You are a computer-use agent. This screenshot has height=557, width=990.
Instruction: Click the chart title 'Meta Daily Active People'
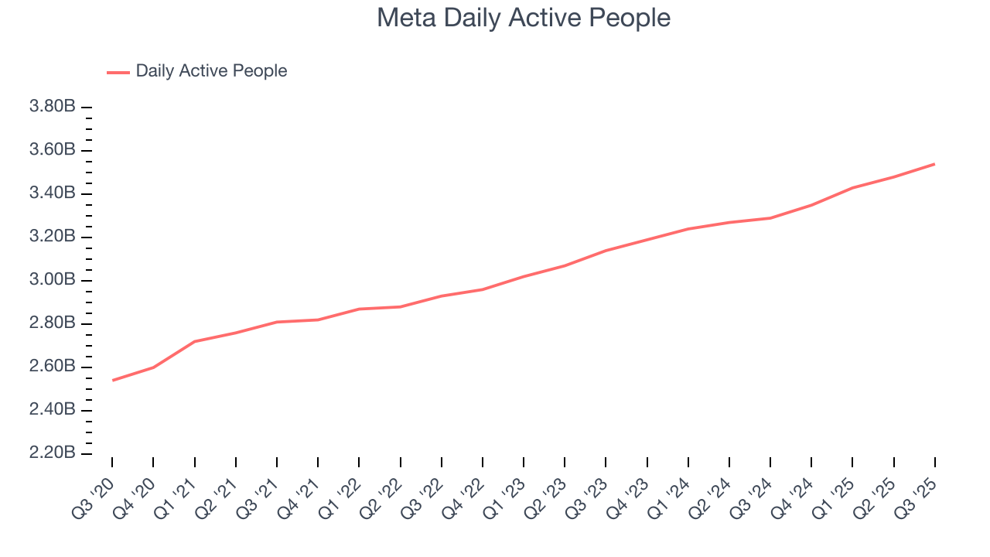coord(523,18)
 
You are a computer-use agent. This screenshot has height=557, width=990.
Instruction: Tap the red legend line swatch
coord(118,72)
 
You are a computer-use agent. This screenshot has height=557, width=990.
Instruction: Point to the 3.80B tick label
coord(52,107)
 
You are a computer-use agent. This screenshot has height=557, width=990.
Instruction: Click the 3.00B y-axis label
coord(52,280)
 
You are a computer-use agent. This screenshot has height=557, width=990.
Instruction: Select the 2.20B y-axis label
coord(52,453)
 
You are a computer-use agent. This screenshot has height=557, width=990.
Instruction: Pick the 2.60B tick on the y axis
coord(52,367)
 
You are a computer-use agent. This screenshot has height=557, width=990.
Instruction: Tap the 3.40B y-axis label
coord(52,193)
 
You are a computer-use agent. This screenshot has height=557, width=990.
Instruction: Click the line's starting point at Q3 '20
coord(113,380)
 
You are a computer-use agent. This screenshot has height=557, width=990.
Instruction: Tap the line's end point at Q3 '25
coord(934,164)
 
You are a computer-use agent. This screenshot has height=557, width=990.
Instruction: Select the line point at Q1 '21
coord(195,341)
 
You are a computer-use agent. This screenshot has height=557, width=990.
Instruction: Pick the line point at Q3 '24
coord(770,218)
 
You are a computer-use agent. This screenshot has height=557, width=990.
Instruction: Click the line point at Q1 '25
coord(852,187)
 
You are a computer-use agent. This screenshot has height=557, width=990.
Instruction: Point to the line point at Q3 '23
coord(606,251)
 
